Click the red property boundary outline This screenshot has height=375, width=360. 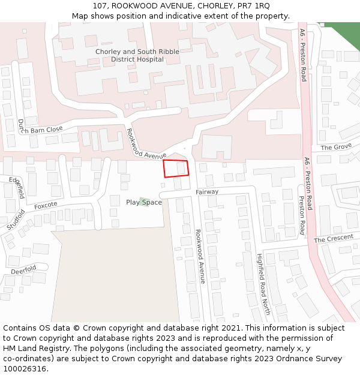(176, 169)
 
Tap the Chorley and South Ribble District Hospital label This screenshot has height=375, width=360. (137, 56)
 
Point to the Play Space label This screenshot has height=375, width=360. (144, 202)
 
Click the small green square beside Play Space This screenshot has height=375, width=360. (143, 200)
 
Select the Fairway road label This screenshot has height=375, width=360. (207, 192)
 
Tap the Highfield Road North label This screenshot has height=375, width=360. (263, 283)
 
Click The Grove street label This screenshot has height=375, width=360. (336, 147)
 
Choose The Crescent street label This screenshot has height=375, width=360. (334, 239)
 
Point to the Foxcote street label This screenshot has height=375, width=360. (46, 205)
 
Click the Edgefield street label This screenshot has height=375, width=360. (17, 188)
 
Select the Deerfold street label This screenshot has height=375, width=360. (23, 269)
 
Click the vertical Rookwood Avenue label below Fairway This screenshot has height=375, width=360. (200, 256)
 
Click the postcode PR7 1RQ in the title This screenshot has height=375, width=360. (254, 6)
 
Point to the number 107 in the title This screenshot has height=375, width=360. (100, 6)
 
